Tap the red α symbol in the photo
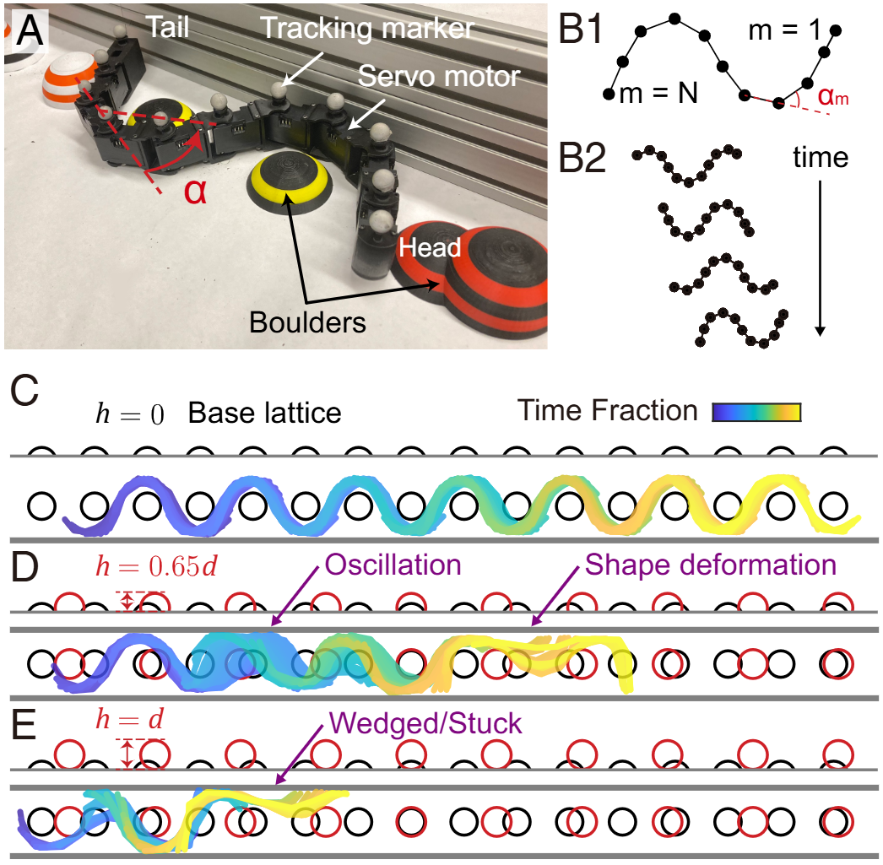(x=195, y=191)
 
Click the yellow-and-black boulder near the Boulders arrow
(x=288, y=181)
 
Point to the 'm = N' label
(x=658, y=92)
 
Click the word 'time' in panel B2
(x=821, y=157)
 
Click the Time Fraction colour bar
(x=756, y=412)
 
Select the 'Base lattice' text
(x=264, y=414)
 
